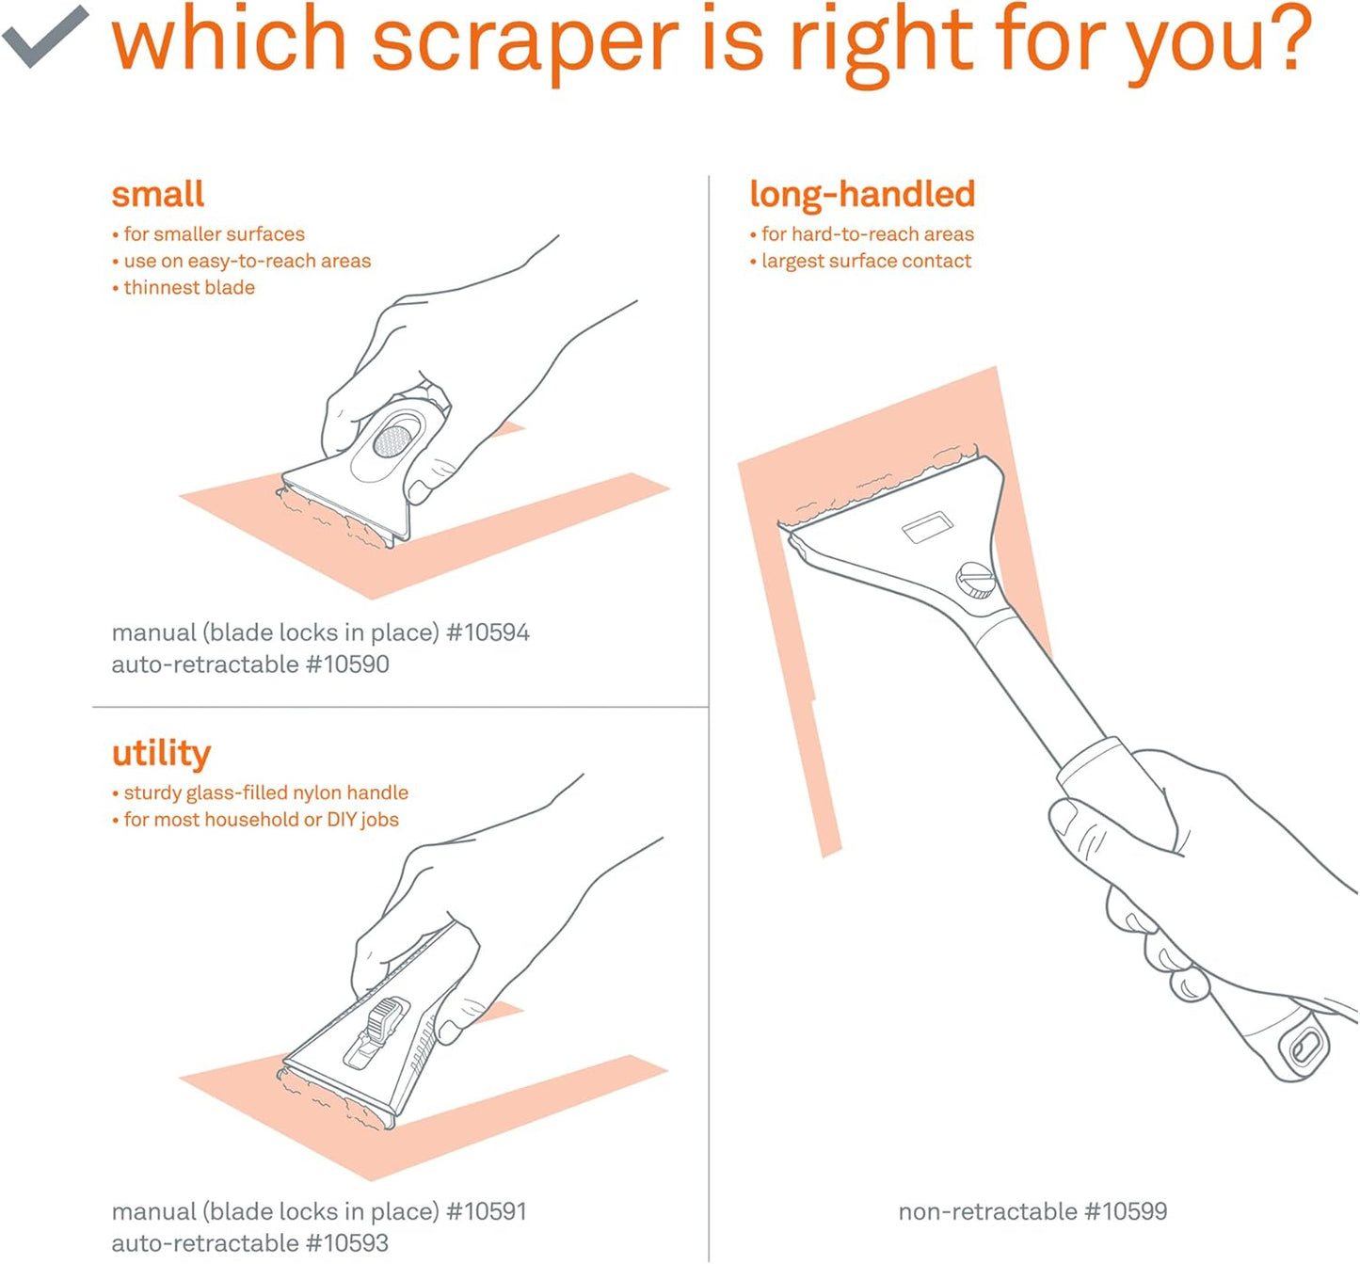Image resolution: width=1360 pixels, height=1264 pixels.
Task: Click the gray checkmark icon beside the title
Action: point(44,36)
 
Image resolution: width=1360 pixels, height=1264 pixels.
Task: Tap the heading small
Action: point(157,195)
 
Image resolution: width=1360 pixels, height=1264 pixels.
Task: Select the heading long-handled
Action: point(861,195)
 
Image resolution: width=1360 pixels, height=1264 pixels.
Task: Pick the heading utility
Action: point(161,753)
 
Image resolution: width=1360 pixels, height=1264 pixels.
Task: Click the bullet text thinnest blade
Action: point(188,288)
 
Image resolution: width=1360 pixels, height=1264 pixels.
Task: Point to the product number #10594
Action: point(488,632)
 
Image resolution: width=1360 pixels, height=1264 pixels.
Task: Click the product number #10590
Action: point(347,664)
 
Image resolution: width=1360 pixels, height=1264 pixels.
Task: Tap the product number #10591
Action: point(486,1211)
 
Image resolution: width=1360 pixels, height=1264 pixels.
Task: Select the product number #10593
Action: point(347,1243)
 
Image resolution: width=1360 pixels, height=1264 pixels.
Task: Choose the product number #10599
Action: point(1125,1211)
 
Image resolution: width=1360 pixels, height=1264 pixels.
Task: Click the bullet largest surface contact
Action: point(866,262)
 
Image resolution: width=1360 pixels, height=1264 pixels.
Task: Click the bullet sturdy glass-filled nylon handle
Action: point(265,793)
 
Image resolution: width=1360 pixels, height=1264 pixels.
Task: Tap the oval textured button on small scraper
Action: point(392,440)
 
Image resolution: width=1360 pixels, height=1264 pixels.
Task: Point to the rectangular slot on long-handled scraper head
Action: point(927,528)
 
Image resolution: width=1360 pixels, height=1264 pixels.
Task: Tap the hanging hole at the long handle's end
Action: point(1307,1048)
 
